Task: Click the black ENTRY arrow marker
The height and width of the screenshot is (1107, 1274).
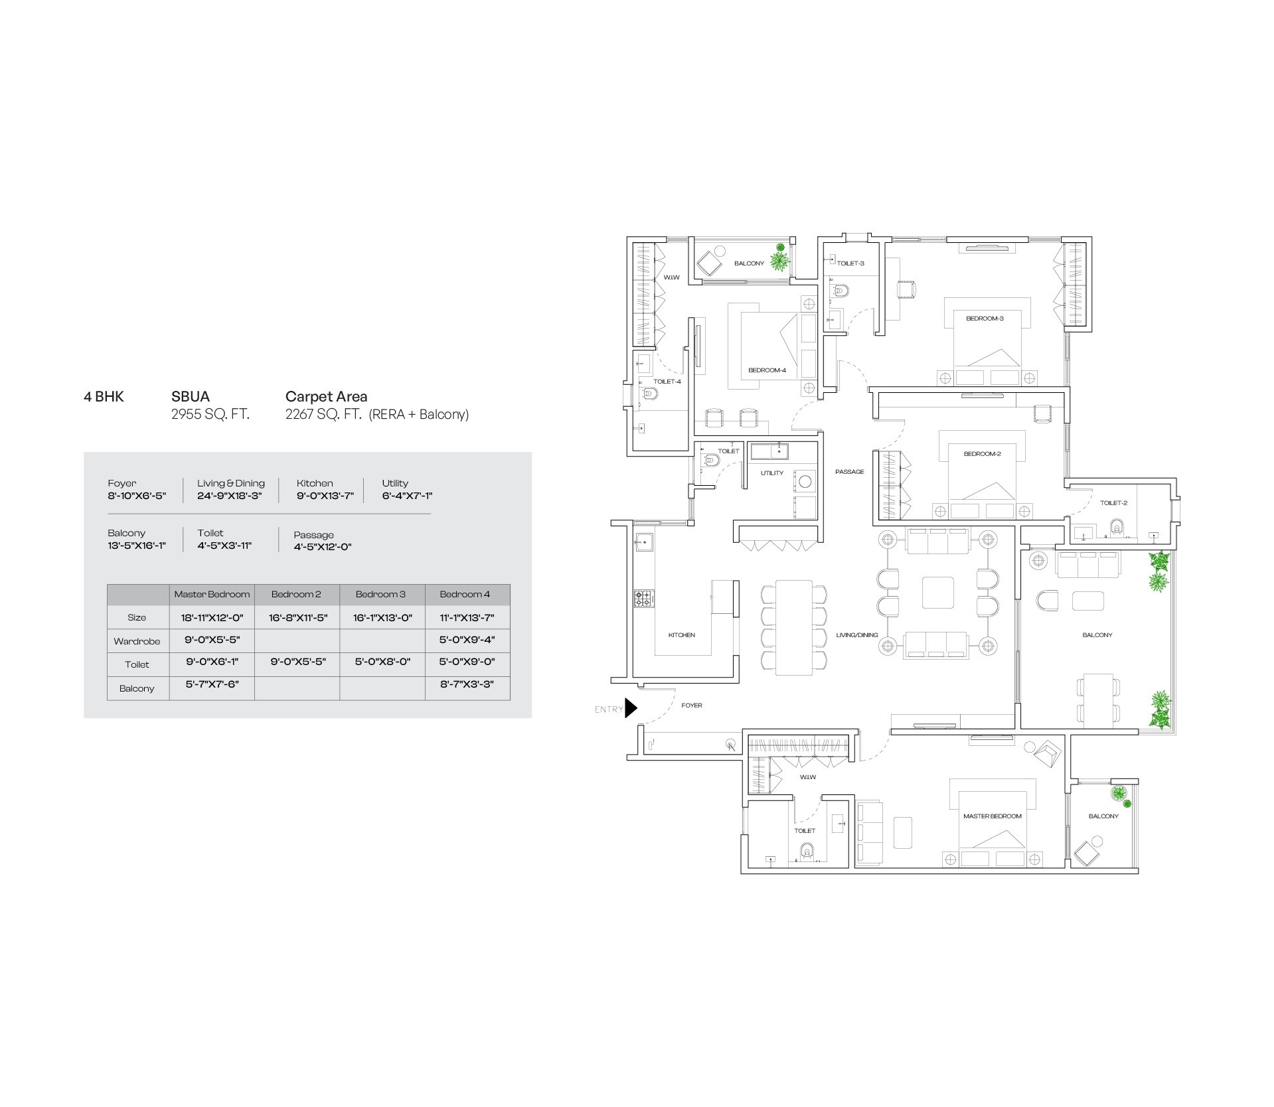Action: click(630, 708)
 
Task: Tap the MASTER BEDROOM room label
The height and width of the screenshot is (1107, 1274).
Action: click(992, 816)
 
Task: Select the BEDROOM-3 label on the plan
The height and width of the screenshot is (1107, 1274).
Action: click(984, 319)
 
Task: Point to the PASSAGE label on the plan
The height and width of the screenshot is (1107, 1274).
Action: click(849, 472)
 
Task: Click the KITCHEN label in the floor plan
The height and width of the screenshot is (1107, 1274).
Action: click(681, 635)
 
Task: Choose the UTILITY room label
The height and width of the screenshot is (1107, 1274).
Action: click(771, 473)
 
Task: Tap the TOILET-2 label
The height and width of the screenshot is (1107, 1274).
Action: click(1113, 503)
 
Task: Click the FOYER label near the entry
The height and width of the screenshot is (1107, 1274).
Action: click(691, 705)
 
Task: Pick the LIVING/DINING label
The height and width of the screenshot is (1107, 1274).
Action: click(856, 635)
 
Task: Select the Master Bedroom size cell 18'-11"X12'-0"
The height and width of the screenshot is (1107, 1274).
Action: click(212, 618)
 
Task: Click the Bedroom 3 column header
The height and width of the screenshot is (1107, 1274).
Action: click(380, 594)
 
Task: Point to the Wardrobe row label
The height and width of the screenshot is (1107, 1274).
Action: click(137, 641)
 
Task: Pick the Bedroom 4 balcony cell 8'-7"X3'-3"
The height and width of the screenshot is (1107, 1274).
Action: click(467, 684)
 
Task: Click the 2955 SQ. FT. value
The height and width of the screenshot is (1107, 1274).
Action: click(210, 415)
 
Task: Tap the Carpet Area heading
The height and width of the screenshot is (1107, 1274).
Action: click(326, 397)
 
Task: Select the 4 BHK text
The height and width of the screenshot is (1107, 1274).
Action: click(104, 397)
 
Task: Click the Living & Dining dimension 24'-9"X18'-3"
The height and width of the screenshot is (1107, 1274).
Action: click(230, 496)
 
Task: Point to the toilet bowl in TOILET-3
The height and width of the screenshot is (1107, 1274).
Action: click(840, 290)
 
